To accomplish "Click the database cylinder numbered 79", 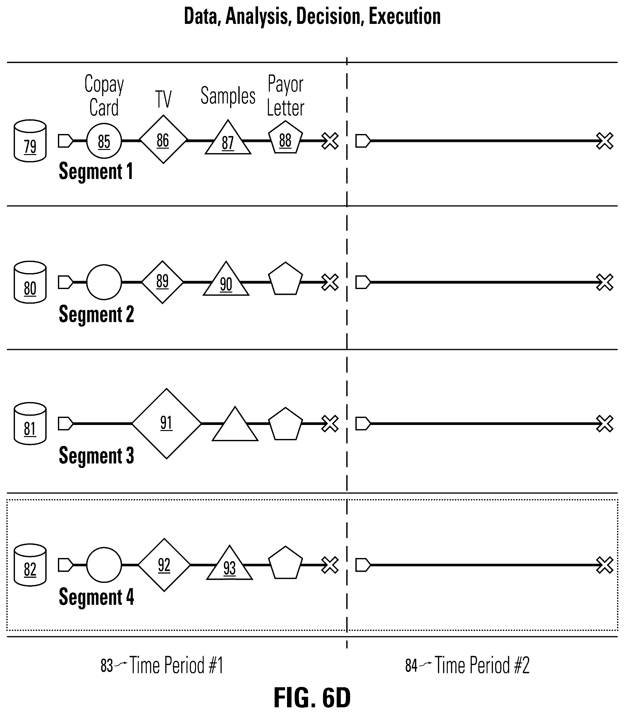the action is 30,141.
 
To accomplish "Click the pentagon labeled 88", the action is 285,138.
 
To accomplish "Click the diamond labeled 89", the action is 163,282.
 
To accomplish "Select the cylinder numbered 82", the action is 30,565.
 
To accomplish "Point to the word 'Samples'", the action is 228,96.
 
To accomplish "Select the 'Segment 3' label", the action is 96,456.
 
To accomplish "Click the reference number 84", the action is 411,666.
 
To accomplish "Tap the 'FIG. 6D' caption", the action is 312,697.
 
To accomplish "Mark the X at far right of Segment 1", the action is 605,141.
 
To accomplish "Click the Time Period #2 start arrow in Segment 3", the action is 363,423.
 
